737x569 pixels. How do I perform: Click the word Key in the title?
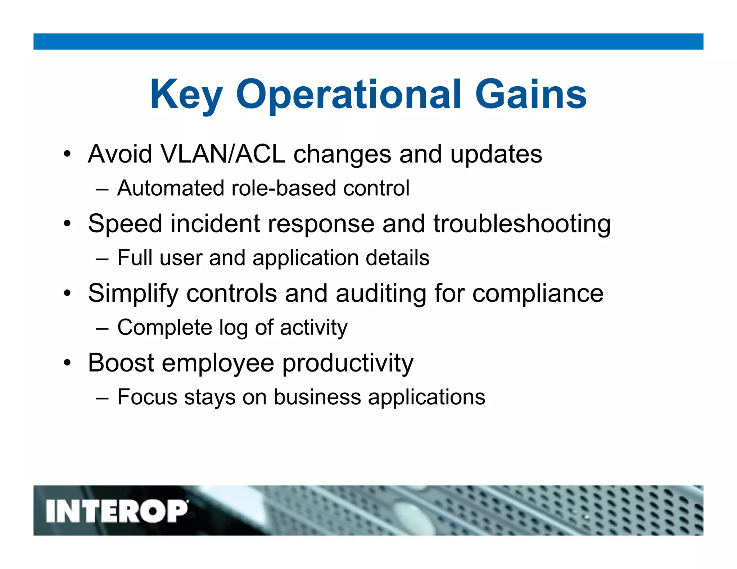[186, 95]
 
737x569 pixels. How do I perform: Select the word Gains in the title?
[531, 94]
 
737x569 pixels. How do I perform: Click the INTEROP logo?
[117, 511]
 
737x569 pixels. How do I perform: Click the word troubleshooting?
[522, 224]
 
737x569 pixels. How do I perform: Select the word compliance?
[538, 293]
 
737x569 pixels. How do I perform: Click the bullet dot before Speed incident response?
[67, 224]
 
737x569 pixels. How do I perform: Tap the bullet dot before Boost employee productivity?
[67, 363]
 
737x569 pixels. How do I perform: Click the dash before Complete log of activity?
[102, 328]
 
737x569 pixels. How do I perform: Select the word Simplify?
[133, 293]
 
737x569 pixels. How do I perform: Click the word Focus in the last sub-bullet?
[148, 397]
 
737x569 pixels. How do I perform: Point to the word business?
[317, 397]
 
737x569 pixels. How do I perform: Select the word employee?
[218, 363]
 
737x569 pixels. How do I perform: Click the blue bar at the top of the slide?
[368, 42]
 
